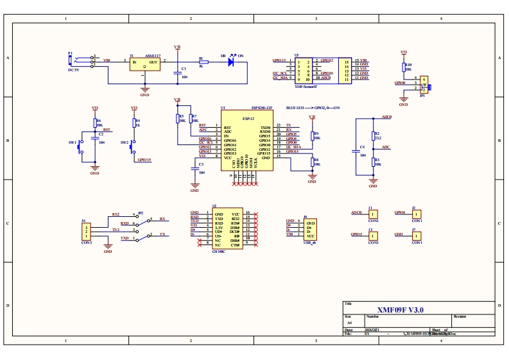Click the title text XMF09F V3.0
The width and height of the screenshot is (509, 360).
400,309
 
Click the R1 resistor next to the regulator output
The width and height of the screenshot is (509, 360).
203,62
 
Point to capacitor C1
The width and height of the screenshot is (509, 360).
178,72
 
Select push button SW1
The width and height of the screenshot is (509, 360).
80,148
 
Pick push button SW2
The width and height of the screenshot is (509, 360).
133,148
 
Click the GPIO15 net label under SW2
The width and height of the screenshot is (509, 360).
144,160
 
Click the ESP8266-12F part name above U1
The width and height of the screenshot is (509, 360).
261,108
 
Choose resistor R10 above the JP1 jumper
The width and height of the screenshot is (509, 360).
404,67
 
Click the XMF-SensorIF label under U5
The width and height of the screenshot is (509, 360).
306,85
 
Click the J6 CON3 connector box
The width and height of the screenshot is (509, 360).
87,231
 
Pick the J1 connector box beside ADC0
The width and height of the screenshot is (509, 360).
373,214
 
